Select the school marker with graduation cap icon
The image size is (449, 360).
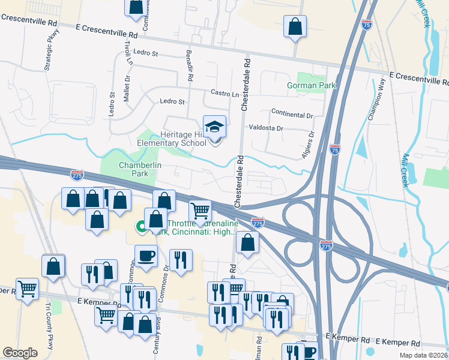214,128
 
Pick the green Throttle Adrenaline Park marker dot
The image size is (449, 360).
139,227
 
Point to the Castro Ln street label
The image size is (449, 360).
224,94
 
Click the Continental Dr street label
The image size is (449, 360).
292,114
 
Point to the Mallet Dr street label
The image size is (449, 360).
127,88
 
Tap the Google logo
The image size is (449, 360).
20,353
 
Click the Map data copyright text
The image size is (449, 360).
423,355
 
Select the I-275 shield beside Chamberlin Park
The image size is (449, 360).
77,175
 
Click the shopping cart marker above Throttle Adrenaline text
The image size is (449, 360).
200,211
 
